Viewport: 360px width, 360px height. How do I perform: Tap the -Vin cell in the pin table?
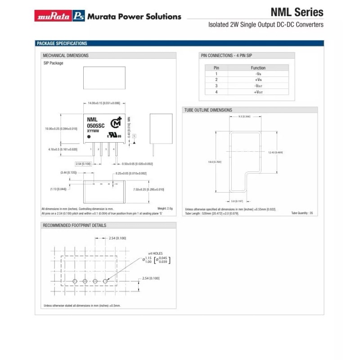pos(258,73)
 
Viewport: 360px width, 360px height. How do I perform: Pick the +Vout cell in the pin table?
pos(258,92)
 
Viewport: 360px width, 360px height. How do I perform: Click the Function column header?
pos(258,67)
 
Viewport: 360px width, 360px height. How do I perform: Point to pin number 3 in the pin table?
pos(216,85)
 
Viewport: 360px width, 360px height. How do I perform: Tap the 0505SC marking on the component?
pos(96,126)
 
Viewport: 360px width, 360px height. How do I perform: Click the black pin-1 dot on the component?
pos(89,136)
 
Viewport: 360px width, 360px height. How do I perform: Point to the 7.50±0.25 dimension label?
pos(149,189)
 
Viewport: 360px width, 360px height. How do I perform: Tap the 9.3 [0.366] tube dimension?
pos(244,116)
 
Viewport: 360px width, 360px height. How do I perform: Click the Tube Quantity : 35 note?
pos(301,213)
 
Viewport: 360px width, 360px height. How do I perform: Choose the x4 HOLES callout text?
pos(155,253)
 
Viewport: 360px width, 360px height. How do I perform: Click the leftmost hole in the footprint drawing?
pos(75,281)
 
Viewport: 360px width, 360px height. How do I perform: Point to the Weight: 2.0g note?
pos(165,208)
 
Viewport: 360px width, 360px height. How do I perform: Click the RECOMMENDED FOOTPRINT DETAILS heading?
pos(74,225)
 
